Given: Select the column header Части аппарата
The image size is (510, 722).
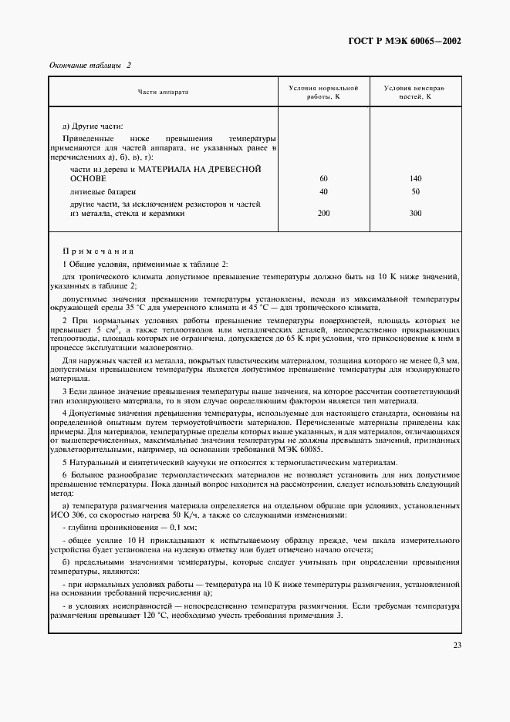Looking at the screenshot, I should [163, 92].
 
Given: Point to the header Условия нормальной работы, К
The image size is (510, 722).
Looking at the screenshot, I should [323, 92].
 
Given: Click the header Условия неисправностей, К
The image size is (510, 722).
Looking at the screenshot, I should [416, 92].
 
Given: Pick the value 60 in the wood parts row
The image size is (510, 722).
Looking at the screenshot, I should [323, 178].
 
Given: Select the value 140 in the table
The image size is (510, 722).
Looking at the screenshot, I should [416, 178].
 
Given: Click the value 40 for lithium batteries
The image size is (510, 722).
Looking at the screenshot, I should [323, 191].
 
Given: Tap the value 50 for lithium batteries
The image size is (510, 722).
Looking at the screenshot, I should [416, 191].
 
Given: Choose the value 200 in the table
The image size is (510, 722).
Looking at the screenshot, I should [323, 214].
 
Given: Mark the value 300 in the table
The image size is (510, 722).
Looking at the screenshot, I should [416, 214].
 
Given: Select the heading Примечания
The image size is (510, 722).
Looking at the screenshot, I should [98, 251].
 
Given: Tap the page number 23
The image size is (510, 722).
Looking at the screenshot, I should [457, 645].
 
